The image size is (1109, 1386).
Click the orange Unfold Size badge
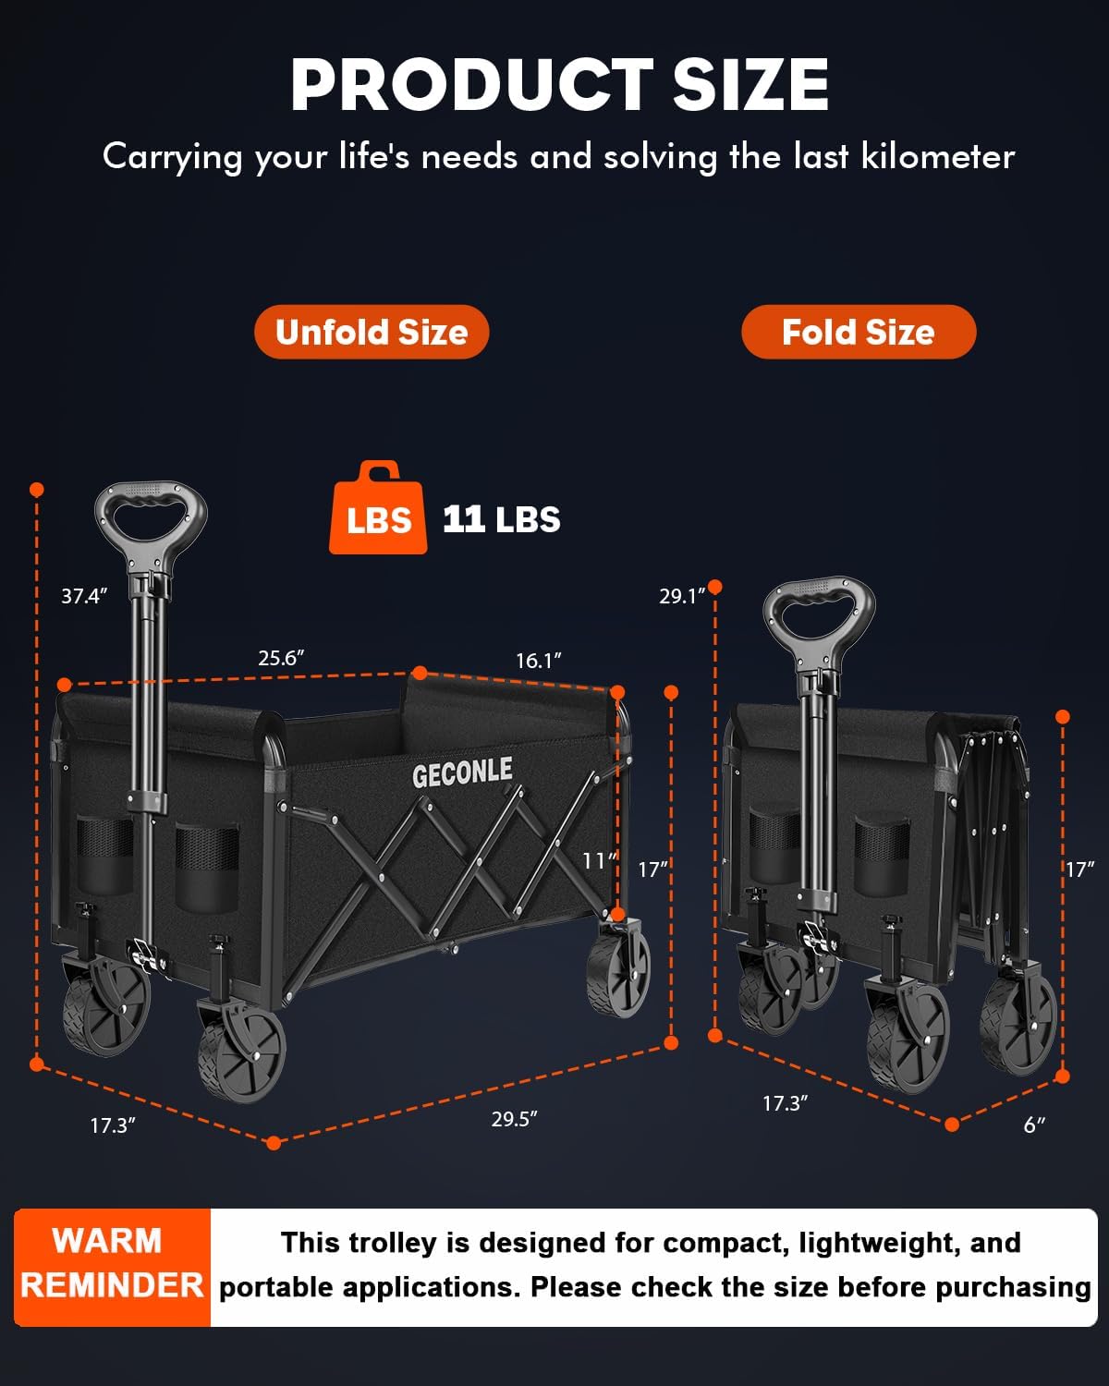coord(372,332)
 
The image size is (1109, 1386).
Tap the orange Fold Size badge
coord(859,332)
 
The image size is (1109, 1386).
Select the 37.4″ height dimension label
coord(84,596)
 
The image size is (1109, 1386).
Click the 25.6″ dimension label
coord(281,658)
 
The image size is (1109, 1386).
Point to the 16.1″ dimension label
coord(539,660)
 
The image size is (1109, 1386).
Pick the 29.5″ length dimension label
coord(514,1119)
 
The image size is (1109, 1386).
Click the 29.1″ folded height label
coord(682,596)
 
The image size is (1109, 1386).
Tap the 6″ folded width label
coord(1034,1125)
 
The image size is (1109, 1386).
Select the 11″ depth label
coord(599,860)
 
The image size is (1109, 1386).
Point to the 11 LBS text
coord(501,519)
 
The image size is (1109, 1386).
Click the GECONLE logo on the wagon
coord(463,772)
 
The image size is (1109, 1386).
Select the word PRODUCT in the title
coord(471,84)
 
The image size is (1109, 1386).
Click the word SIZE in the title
coord(750,84)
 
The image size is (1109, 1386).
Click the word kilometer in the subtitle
coord(938,156)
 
